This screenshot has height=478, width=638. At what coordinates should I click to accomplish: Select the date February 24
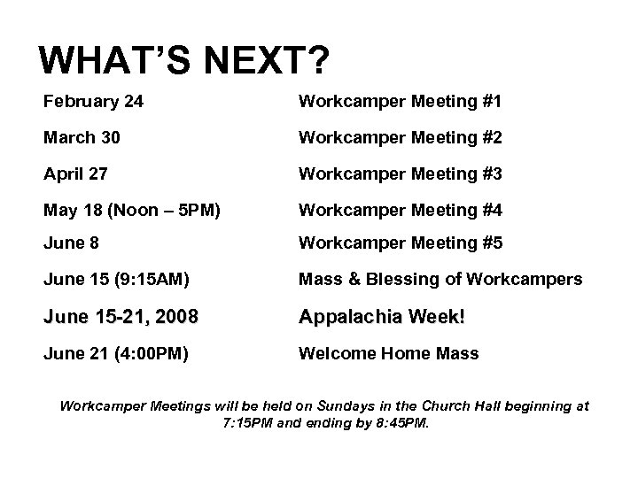(x=93, y=102)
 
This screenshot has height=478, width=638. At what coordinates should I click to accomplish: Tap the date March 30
(x=83, y=138)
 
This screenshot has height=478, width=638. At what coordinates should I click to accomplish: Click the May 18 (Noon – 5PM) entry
(x=131, y=211)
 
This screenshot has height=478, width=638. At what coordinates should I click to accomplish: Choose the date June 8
(x=73, y=243)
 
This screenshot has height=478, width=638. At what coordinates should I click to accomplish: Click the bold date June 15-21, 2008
(x=121, y=317)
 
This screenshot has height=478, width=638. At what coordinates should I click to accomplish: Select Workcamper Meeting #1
(x=401, y=102)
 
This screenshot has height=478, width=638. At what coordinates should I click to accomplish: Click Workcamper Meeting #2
(x=401, y=138)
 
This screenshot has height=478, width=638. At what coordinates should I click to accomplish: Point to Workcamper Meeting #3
(x=401, y=174)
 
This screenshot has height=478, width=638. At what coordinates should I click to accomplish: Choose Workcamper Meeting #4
(x=401, y=211)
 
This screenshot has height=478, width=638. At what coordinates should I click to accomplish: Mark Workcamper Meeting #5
(x=401, y=243)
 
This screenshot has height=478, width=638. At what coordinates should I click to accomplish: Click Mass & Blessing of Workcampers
(x=440, y=280)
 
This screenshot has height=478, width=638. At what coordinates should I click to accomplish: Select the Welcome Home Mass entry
(x=388, y=353)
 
